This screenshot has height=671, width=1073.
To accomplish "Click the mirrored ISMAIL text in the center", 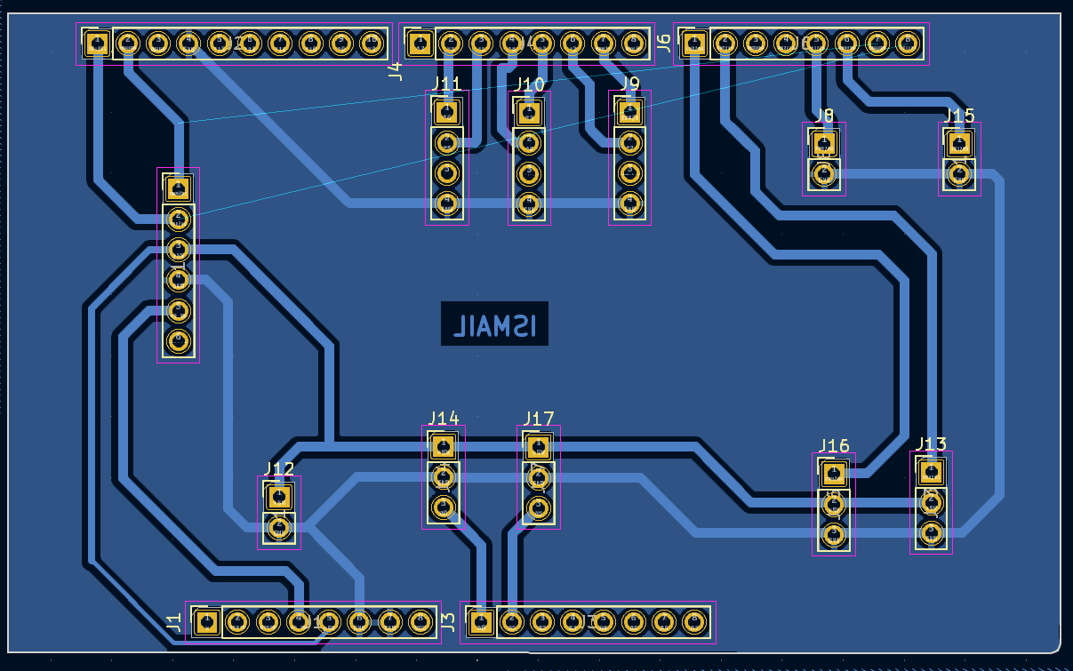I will click(x=495, y=324).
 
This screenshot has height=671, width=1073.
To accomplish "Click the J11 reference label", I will click(x=446, y=84).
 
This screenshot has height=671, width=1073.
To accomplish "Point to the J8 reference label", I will click(x=824, y=116).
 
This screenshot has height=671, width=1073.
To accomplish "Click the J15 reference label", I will click(x=959, y=116).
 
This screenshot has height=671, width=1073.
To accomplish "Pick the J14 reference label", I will click(x=443, y=418).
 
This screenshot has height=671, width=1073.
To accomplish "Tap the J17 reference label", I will click(x=539, y=419).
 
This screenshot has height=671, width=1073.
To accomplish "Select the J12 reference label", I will click(x=279, y=469).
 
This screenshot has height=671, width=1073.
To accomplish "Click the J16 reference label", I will click(x=834, y=446).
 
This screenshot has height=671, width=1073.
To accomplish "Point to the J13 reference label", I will click(x=931, y=444).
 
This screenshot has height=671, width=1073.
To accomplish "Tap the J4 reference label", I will click(x=396, y=71).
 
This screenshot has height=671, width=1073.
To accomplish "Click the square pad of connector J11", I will click(x=446, y=112).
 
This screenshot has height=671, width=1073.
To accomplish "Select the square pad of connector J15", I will click(x=958, y=144).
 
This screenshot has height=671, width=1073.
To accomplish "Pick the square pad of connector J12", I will click(x=279, y=498).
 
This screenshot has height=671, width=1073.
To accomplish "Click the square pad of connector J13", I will click(x=931, y=472).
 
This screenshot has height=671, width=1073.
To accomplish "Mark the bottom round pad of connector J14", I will click(x=443, y=507).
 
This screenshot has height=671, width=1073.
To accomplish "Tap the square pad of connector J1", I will click(x=206, y=621).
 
